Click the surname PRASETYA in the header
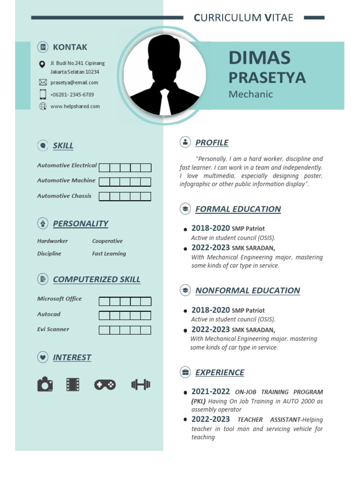267,77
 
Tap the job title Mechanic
250,94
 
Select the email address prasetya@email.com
74,82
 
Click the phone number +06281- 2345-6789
72,94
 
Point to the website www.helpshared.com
75,106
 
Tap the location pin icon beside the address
43,64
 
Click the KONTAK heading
70,47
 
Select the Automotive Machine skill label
66,180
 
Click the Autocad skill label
49,314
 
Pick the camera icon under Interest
45,385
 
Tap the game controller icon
105,385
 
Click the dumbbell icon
141,385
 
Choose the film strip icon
73,385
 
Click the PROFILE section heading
212,142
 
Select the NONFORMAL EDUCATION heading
247,290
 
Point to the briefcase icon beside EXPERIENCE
185,372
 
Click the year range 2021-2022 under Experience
210,391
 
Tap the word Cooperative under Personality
107,241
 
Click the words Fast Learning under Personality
109,254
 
